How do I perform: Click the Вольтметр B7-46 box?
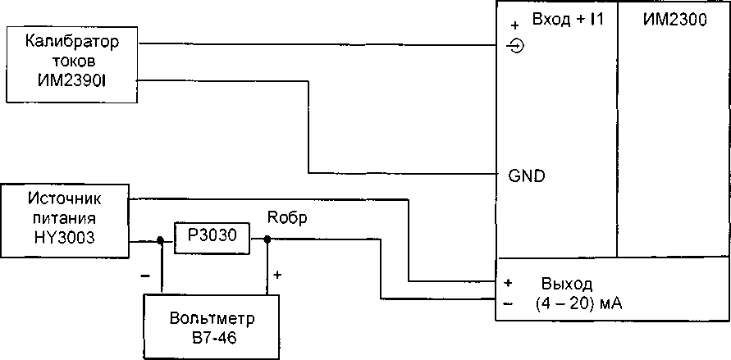point(212,326)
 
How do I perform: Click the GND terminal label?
point(526,175)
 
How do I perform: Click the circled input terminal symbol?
point(516,46)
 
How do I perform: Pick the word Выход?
point(566,284)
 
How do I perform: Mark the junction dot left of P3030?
point(161,241)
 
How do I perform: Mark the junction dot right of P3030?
point(267,239)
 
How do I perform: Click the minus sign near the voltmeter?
point(145,276)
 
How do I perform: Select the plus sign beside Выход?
point(509,284)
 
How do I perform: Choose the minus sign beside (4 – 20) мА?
point(509,303)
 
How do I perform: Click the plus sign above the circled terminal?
point(514,25)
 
